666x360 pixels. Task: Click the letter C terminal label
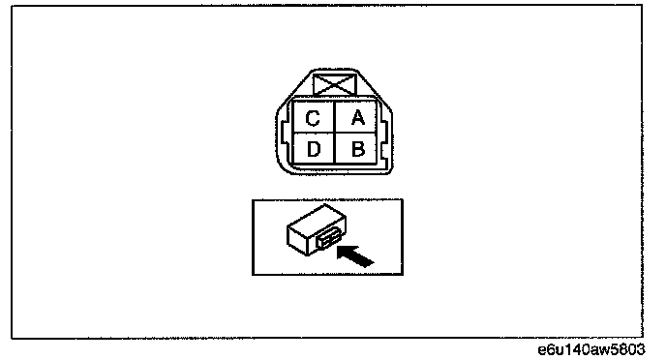(313, 118)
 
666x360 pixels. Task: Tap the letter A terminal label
(358, 118)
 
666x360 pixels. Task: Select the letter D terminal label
(314, 149)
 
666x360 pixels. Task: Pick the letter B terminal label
(358, 149)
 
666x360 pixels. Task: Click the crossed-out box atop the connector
(335, 84)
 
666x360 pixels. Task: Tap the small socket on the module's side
(328, 240)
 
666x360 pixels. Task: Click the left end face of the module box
(297, 240)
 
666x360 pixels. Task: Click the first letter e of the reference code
(542, 349)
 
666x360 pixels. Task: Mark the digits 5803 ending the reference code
(628, 349)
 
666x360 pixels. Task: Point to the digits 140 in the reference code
(576, 349)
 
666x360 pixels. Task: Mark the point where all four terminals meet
(335, 133)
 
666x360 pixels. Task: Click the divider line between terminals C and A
(335, 116)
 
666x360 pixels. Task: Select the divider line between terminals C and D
(315, 133)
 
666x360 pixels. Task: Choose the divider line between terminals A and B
(356, 133)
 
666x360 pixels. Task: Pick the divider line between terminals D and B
(335, 148)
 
